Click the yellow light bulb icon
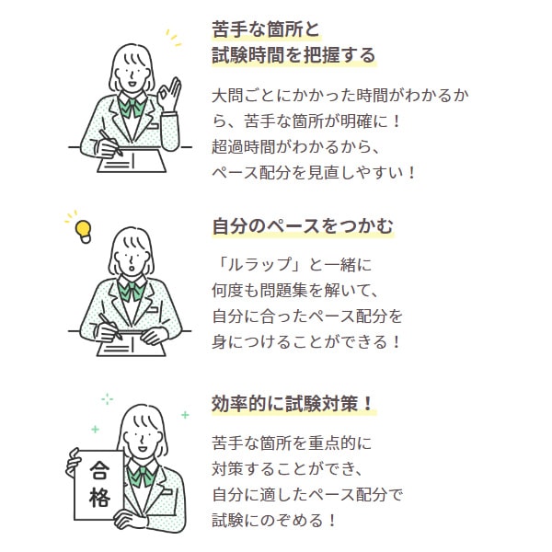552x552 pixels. coord(84,232)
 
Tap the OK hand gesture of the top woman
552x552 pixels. coord(169,94)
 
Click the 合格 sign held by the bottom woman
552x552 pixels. coord(99,485)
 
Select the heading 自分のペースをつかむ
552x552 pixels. coord(303,225)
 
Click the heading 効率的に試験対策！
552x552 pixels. coord(293,404)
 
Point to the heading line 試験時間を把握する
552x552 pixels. coord(293,55)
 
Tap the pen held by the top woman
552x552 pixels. coord(110,143)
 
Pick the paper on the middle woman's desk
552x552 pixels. coord(132,346)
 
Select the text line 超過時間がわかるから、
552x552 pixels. coord(295,147)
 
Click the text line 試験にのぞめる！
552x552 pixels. coord(274,521)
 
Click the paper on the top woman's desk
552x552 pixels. coord(132,161)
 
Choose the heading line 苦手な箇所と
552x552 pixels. coord(266,29)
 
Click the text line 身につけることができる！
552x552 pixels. coord(306,342)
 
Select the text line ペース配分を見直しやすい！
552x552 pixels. coord(314,173)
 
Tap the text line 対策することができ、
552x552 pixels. coord(287,469)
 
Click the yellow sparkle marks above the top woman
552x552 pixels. coord(173,38)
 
